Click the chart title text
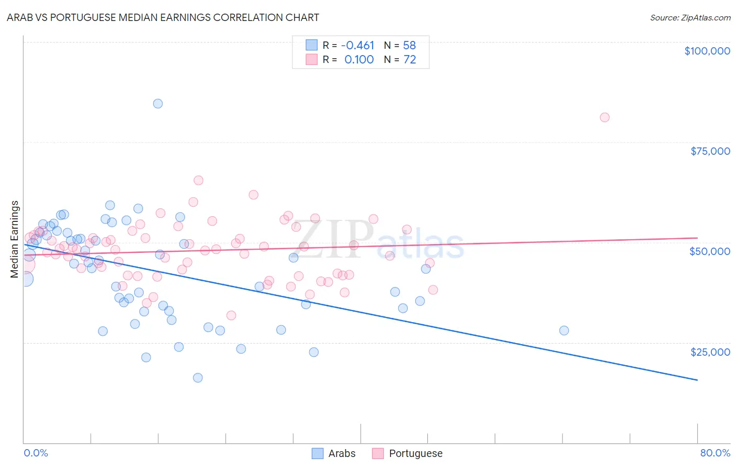point(162,17)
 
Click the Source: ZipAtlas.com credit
point(690,17)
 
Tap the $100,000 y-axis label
point(707,51)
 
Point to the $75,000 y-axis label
point(710,151)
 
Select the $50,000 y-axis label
point(709,251)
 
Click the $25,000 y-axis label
point(710,352)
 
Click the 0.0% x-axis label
point(36,453)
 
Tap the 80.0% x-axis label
point(715,453)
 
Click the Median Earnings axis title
point(15,239)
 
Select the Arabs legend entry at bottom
point(342,453)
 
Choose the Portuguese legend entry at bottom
point(416,453)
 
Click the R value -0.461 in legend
point(357,45)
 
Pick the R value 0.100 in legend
point(359,59)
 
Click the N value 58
point(409,45)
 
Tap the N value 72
point(409,59)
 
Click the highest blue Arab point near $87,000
point(158,103)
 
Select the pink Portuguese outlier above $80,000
point(604,118)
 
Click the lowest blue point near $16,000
point(198,378)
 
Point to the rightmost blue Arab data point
point(564,331)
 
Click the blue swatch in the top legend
point(311,45)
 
